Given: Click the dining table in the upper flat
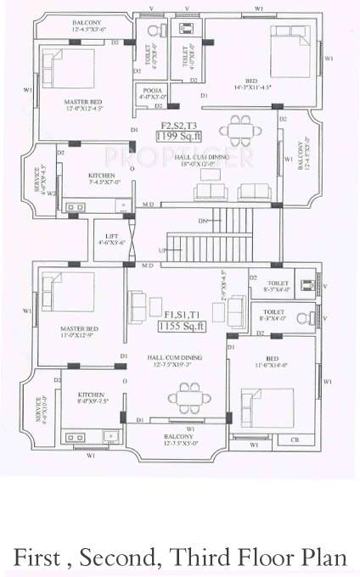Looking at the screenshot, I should pyautogui.click(x=234, y=134).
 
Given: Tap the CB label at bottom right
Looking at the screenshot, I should pyautogui.click(x=294, y=439).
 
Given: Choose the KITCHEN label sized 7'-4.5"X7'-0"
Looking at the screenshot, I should pyautogui.click(x=101, y=176).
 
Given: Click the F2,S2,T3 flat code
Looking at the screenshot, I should pyautogui.click(x=174, y=125).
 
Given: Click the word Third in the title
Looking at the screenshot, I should pyautogui.click(x=207, y=556).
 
